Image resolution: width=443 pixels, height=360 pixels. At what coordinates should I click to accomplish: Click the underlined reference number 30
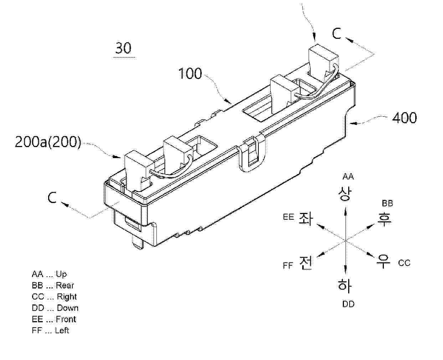tap(123, 48)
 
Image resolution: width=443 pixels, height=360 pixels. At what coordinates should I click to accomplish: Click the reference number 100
tap(190, 74)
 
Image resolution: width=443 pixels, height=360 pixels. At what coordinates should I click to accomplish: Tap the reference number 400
tap(405, 118)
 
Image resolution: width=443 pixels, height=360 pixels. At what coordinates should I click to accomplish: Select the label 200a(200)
tap(48, 142)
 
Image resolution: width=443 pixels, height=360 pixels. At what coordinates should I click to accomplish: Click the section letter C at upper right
tap(337, 33)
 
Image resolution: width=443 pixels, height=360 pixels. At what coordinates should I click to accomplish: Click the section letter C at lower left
tap(52, 197)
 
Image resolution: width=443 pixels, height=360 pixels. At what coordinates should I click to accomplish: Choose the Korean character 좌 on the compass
tap(306, 219)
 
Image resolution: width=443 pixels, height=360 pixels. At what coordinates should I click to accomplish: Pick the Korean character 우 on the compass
tap(383, 261)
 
